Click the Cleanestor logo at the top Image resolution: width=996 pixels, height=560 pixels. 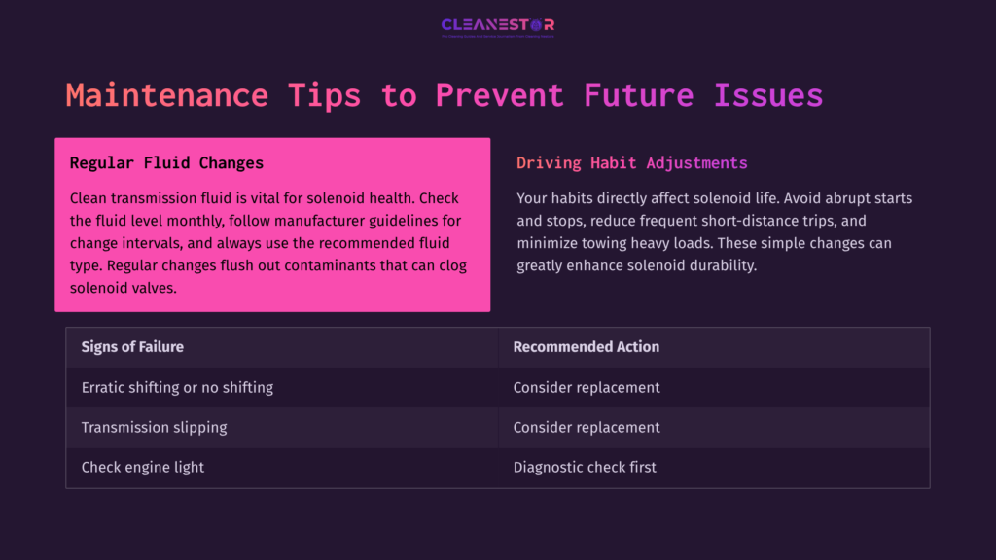point(497,25)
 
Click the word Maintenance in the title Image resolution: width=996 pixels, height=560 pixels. point(166,95)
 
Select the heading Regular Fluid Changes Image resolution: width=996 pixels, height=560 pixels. point(166,163)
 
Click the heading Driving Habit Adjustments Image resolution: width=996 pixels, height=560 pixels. point(632,163)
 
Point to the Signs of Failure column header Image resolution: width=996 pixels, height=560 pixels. point(132,347)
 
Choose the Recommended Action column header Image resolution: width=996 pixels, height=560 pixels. point(586,347)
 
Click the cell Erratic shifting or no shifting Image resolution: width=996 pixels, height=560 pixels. point(177,387)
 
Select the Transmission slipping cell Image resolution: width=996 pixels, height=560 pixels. point(155,427)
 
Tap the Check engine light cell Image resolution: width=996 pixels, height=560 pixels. point(143,467)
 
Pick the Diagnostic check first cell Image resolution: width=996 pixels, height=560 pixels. point(585,467)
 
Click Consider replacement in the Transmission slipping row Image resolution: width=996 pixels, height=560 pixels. point(587,427)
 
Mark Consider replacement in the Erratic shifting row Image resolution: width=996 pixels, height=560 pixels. point(587,387)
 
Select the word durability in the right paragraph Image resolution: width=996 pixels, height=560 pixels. point(718,265)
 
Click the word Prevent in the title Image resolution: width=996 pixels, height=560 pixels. point(499,95)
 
